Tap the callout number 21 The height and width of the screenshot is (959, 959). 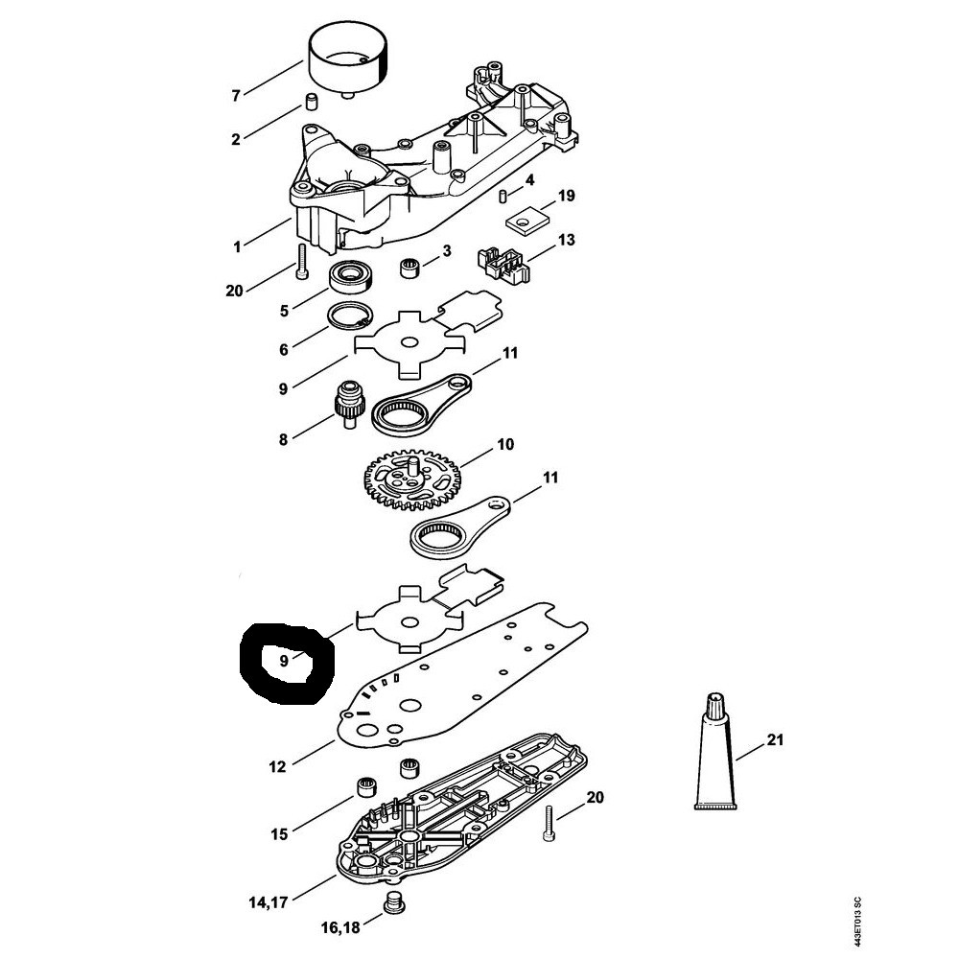pos(775,739)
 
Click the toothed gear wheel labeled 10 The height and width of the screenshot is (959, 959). pos(412,480)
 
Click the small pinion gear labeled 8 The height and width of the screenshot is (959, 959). pos(349,403)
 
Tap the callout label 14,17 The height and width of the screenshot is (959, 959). pos(269,902)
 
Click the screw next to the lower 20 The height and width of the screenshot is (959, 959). pos(549,823)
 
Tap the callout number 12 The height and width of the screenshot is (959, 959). pos(277,766)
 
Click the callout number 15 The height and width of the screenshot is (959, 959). pos(279,833)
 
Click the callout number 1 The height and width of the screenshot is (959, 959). pos(237,247)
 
